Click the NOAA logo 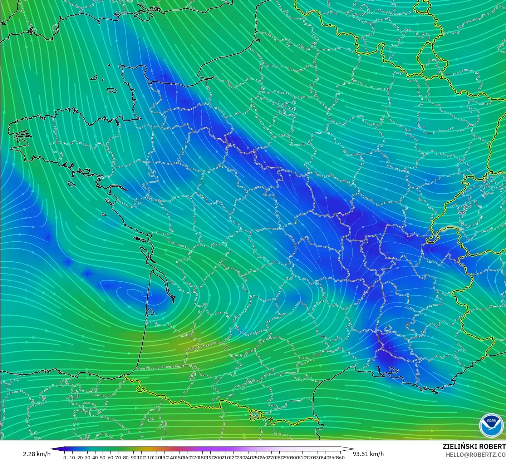pos(491,425)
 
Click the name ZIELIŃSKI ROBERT pos(474,446)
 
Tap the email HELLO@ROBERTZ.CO pos(473,454)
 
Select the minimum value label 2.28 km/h pos(36,454)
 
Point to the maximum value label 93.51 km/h pos(368,454)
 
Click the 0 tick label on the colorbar pos(65,457)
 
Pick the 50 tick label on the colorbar pos(103,457)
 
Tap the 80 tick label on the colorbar pos(126,457)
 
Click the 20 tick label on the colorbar pos(80,457)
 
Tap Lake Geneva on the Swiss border pos(451,228)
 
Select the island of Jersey pos(112,90)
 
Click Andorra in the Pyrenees pos(255,415)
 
